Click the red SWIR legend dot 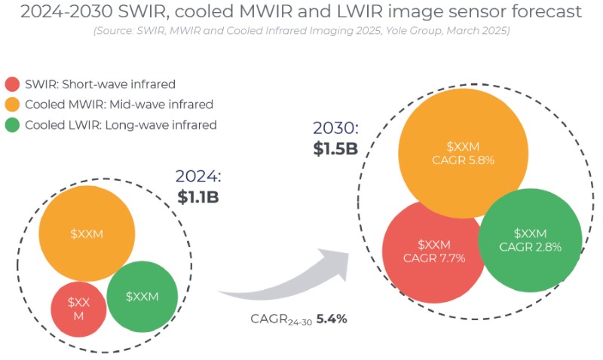coord(12,84)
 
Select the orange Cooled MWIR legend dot coord(12,104)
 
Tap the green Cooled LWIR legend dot coord(12,125)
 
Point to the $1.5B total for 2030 coord(335,148)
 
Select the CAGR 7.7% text coord(434,258)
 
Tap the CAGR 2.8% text coord(531,247)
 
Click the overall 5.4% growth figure coord(331,319)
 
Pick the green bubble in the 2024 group coord(142,296)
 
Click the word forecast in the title coord(534,12)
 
